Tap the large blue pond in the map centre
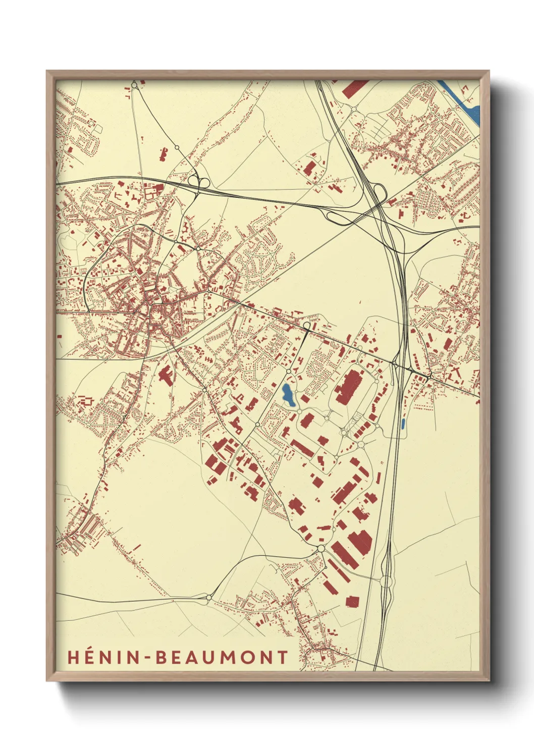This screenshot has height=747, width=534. pos(287,395)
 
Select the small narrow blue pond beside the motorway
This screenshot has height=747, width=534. pos(402,423)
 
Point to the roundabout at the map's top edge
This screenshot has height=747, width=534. pos(134,85)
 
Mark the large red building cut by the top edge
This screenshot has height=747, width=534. pos(354,87)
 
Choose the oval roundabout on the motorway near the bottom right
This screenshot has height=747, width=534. pos(387,582)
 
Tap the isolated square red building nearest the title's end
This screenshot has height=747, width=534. pos(352,601)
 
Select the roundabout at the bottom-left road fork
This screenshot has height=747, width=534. pos(208,598)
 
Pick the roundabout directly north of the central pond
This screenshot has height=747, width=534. pos(289,371)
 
